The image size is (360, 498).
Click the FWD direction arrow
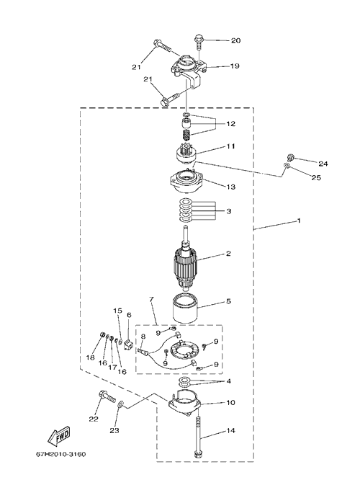click(x=58, y=437)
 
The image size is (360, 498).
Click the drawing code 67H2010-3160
click(x=60, y=455)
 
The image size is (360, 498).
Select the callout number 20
click(x=235, y=40)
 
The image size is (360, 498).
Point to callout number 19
click(x=235, y=66)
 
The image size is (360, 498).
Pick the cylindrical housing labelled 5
click(x=186, y=308)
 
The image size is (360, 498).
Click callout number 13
click(x=230, y=187)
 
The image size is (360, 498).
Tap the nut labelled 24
click(x=289, y=156)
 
